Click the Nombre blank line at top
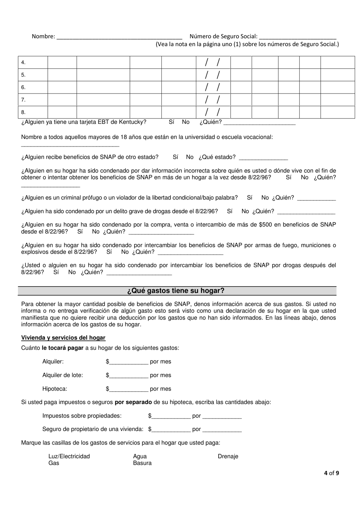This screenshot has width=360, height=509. pyautogui.click(x=119, y=37)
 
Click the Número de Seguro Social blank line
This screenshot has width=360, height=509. pyautogui.click(x=298, y=37)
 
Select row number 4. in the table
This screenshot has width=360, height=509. pyautogui.click(x=23, y=62)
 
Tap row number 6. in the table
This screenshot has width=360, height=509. pyautogui.click(x=23, y=87)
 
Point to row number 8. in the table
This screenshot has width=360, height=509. pyautogui.click(x=23, y=112)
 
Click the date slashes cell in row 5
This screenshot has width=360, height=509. pyautogui.click(x=213, y=75)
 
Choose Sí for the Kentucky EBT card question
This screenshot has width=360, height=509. pyautogui.click(x=171, y=122)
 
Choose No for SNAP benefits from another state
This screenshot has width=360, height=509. pyautogui.click(x=189, y=157)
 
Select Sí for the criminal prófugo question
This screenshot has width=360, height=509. pyautogui.click(x=249, y=198)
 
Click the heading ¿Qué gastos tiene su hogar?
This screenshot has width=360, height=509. pyautogui.click(x=177, y=291)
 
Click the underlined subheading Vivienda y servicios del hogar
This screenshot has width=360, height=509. pyautogui.click(x=63, y=338)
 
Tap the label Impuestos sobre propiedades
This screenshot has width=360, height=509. pyautogui.click(x=82, y=416)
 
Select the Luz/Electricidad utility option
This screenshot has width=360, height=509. pyautogui.click(x=69, y=456)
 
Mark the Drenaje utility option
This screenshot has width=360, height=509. pyautogui.click(x=228, y=456)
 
